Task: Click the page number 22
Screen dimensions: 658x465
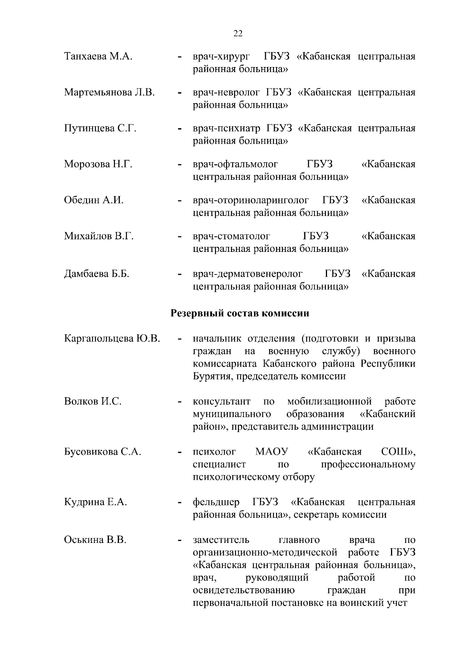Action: coord(238,34)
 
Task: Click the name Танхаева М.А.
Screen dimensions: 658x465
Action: coord(98,57)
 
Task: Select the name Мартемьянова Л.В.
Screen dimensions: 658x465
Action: coord(109,93)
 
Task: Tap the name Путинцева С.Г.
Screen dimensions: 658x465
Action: coord(100,128)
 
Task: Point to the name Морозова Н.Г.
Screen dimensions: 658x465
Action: coord(98,164)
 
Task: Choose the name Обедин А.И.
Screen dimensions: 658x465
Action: coord(93,200)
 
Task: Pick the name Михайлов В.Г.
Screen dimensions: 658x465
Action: coord(99,236)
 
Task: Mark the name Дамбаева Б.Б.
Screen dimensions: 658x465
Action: coord(96,274)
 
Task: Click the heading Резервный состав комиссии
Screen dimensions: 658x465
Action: coord(240,313)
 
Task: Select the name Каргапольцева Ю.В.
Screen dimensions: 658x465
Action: coord(112,338)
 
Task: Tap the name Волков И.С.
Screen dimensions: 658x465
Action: coord(93,401)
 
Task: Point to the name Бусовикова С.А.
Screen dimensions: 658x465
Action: coord(102,452)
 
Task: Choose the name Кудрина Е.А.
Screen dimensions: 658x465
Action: coord(95,502)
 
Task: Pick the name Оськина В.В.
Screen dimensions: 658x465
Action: coord(95,540)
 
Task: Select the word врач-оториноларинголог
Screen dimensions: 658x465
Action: coord(251,200)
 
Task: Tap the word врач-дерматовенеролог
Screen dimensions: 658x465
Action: coord(248,274)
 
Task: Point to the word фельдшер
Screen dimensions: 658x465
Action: coord(216,502)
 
